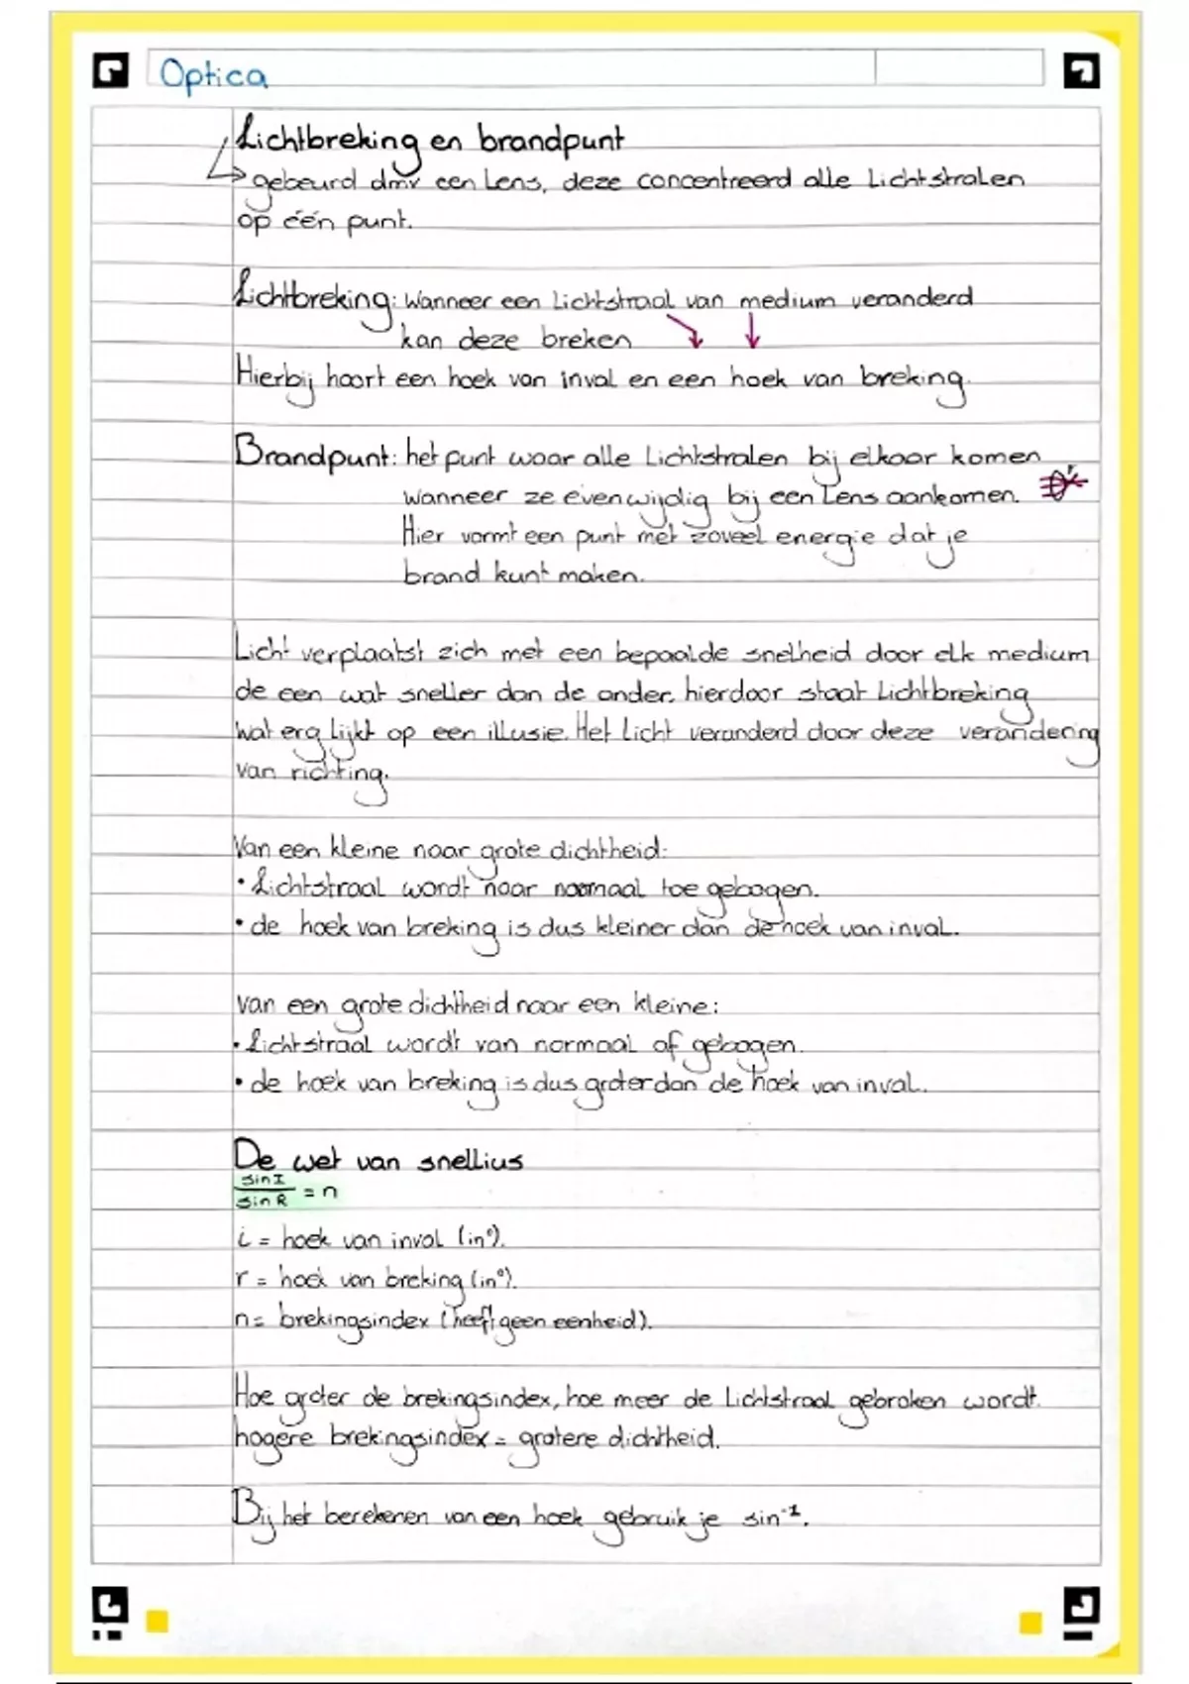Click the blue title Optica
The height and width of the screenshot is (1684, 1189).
point(213,75)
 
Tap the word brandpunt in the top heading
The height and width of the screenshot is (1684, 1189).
point(551,141)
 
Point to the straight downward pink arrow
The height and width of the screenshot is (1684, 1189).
point(752,331)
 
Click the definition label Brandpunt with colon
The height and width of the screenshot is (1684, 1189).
point(315,456)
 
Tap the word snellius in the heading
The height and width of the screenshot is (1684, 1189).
point(470,1160)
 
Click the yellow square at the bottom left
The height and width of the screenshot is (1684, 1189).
point(157,1622)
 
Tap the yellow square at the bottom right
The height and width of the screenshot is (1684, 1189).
point(1030,1622)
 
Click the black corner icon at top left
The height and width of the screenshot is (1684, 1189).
point(110,71)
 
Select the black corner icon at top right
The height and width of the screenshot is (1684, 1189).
point(1080,71)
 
